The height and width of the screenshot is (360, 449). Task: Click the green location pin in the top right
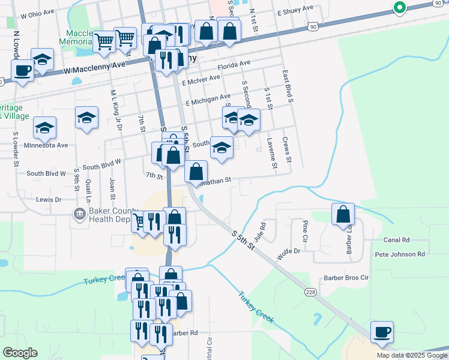pyautogui.click(x=399, y=7)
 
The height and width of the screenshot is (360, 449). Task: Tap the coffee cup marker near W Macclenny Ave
pyautogui.click(x=23, y=71)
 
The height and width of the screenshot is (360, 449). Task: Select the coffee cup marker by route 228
pyautogui.click(x=382, y=332)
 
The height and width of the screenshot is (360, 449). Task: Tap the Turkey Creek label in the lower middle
pyautogui.click(x=256, y=307)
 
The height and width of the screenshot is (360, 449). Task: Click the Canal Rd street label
pyautogui.click(x=396, y=240)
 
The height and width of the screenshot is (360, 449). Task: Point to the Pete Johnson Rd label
pyautogui.click(x=400, y=254)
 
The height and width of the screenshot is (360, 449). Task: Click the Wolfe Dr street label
pyautogui.click(x=289, y=253)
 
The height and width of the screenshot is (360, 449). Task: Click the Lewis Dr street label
pyautogui.click(x=49, y=199)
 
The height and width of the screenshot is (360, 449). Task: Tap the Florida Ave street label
pyautogui.click(x=234, y=65)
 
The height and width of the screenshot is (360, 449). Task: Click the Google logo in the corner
pyautogui.click(x=20, y=353)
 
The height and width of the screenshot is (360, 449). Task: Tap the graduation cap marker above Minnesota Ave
pyautogui.click(x=87, y=117)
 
